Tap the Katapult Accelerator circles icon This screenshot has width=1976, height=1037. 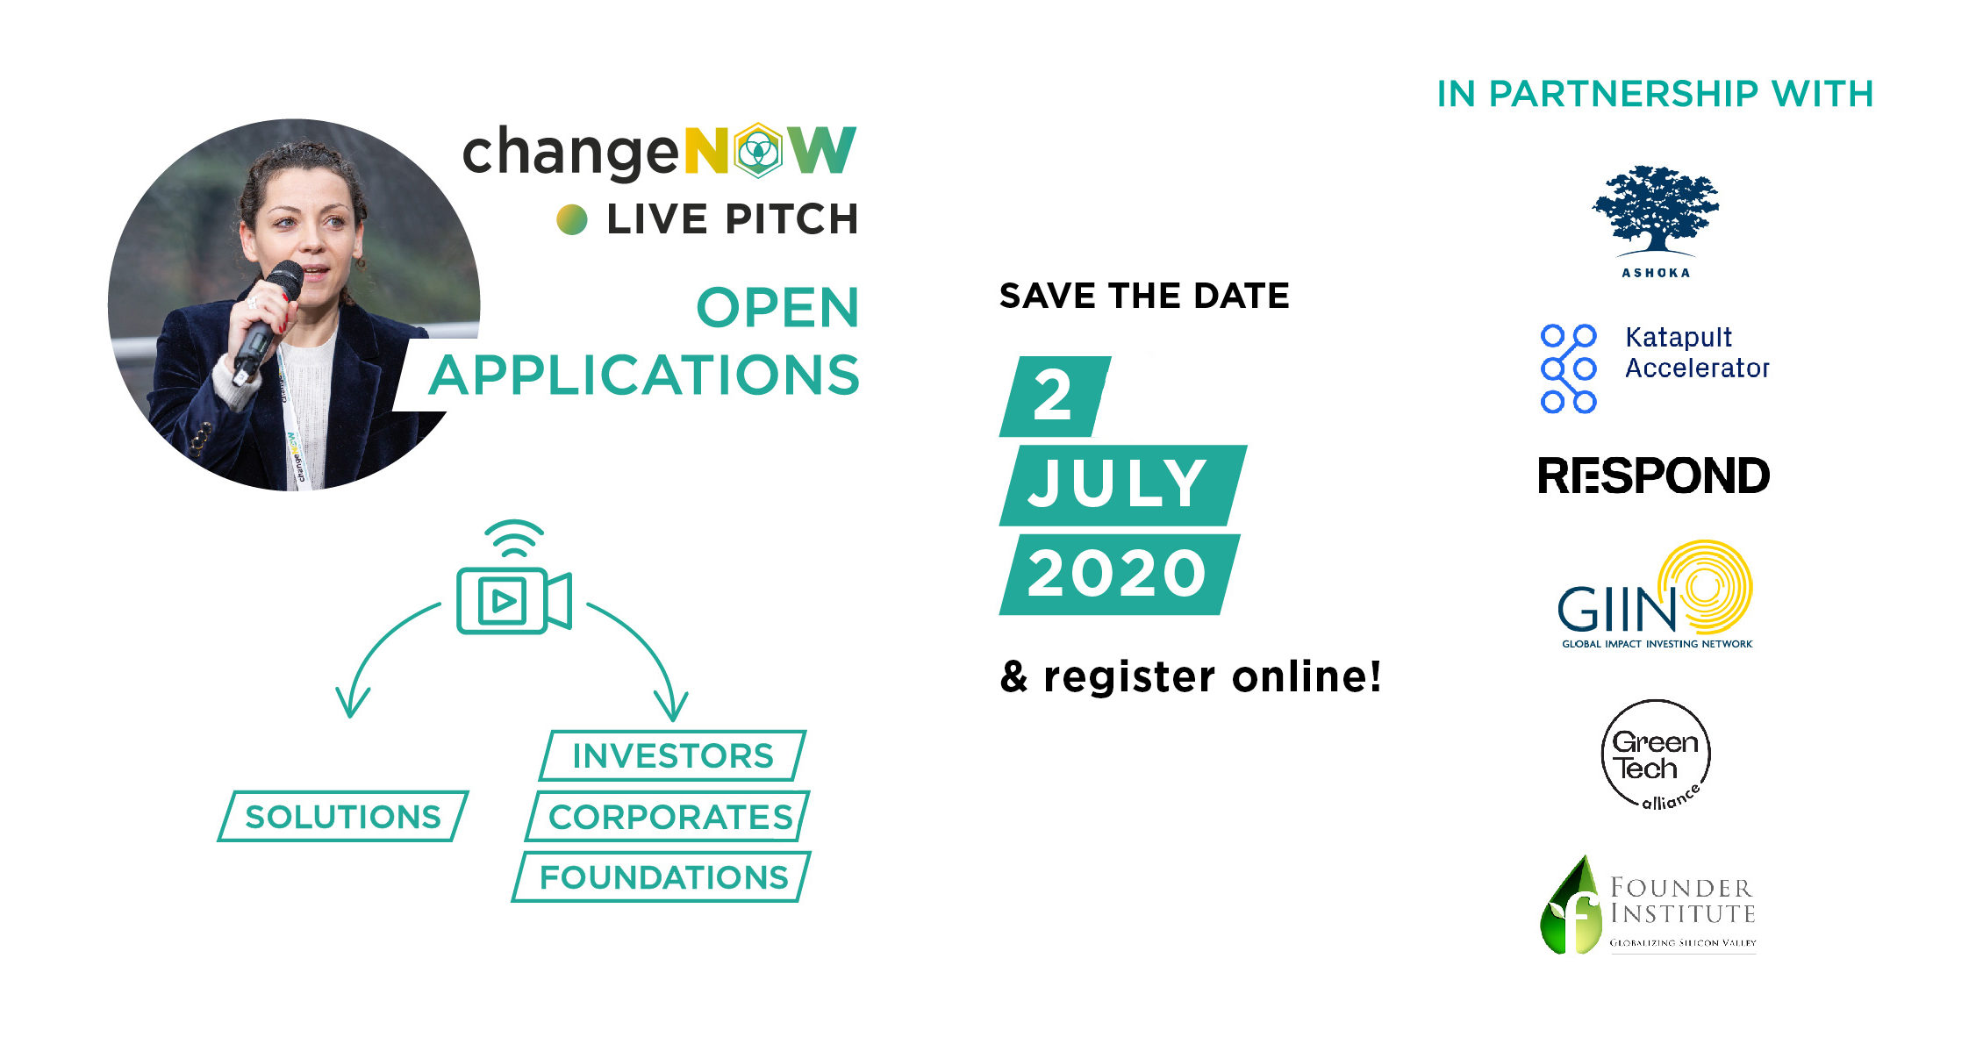1569,368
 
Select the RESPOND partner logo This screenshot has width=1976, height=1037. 1654,476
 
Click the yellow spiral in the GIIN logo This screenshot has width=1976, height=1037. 1705,586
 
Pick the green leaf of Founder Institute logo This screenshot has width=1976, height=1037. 1571,905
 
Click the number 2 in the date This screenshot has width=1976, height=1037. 1053,396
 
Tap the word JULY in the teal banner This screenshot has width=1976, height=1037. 1116,484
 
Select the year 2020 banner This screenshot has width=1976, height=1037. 1120,575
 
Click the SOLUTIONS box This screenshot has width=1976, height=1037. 343,817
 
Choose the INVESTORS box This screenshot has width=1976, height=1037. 673,755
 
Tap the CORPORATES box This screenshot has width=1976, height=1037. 669,817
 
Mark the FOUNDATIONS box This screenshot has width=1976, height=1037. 662,877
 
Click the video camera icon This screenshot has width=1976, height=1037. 514,600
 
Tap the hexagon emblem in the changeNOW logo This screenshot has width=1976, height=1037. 758,151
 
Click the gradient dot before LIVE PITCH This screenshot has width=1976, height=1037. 572,219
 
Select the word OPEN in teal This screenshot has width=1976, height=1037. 777,308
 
